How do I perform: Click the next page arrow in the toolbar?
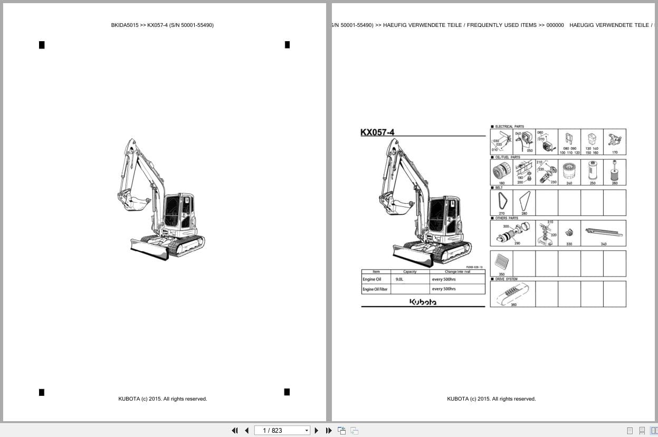[317, 431]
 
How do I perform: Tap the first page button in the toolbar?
[235, 431]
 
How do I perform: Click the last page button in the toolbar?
[329, 431]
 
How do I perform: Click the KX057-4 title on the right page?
[377, 132]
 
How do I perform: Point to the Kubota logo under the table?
[423, 302]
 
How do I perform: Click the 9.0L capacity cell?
[399, 279]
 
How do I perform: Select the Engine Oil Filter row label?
[375, 289]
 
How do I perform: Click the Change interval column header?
[457, 272]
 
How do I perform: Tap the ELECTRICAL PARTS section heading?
[509, 127]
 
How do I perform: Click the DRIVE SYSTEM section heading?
[506, 279]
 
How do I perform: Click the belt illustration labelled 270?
[501, 201]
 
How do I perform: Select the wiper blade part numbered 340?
[603, 231]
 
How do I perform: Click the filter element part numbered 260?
[614, 171]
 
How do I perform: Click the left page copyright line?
[163, 399]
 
